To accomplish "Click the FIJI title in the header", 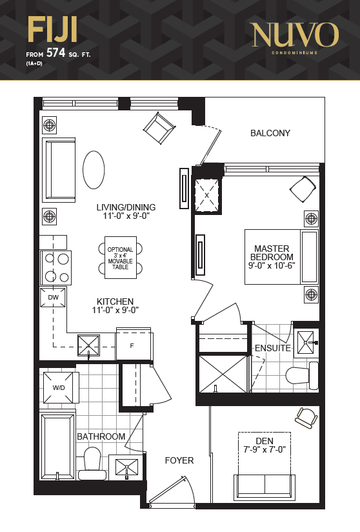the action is click(52, 30).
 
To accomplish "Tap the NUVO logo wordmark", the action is click(295, 35).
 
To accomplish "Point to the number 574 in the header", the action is click(55, 52).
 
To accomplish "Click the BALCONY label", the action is click(270, 133).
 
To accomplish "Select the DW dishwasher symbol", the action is click(53, 297).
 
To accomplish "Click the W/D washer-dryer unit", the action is click(58, 387).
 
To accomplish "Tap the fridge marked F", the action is click(134, 344).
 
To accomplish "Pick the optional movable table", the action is click(121, 258).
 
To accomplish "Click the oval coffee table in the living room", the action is click(94, 170).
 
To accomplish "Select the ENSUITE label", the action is click(273, 348).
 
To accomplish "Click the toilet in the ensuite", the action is click(302, 376).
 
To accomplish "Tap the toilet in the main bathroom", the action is click(91, 464).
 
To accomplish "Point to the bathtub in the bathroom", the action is click(57, 445).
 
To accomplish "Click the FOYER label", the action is click(179, 460).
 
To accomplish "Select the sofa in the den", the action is click(265, 487).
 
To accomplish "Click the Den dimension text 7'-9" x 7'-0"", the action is click(265, 449).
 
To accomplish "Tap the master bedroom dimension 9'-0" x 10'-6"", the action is click(272, 265).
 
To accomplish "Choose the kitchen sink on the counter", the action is click(89, 345).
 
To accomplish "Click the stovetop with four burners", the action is click(56, 268).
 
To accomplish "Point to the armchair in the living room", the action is click(159, 128).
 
